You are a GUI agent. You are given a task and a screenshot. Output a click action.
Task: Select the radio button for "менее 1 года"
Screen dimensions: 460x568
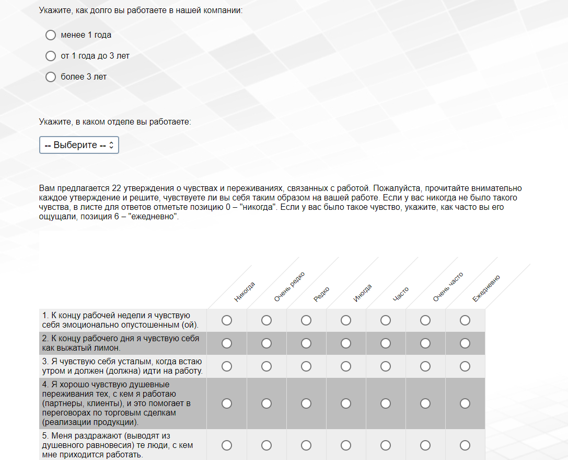click(x=51, y=35)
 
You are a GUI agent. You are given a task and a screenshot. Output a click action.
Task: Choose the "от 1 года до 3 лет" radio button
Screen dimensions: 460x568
click(x=51, y=56)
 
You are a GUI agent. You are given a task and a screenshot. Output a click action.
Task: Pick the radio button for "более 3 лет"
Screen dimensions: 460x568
click(x=51, y=77)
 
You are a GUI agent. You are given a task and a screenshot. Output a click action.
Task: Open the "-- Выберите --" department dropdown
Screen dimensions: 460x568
click(x=79, y=145)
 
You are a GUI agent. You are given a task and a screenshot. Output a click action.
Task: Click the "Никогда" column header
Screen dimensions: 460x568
click(x=245, y=292)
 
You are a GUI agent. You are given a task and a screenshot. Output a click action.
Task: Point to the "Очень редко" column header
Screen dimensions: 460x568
click(x=289, y=287)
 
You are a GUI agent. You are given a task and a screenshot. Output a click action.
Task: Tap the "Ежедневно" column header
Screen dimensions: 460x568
click(x=486, y=288)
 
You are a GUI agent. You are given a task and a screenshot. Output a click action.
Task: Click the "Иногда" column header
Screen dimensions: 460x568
click(x=362, y=293)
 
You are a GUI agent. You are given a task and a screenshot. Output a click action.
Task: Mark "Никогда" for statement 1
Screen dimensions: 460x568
click(x=227, y=320)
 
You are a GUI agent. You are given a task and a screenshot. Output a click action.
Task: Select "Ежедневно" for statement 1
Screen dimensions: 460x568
click(x=465, y=320)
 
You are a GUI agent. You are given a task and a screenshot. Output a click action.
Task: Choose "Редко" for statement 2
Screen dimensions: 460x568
click(x=306, y=343)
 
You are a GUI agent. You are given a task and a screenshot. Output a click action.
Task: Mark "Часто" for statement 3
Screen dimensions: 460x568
click(x=386, y=366)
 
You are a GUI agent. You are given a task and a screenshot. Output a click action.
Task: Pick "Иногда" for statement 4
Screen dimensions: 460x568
click(x=346, y=403)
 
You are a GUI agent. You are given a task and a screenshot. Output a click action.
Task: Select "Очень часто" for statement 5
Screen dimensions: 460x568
click(x=425, y=445)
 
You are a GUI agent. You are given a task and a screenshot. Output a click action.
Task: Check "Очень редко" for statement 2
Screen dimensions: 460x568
click(x=266, y=343)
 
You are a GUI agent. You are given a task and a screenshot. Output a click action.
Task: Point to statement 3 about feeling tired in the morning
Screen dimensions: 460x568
click(x=122, y=366)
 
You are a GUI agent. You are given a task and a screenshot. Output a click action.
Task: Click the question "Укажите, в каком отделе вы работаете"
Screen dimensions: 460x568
click(x=115, y=121)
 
